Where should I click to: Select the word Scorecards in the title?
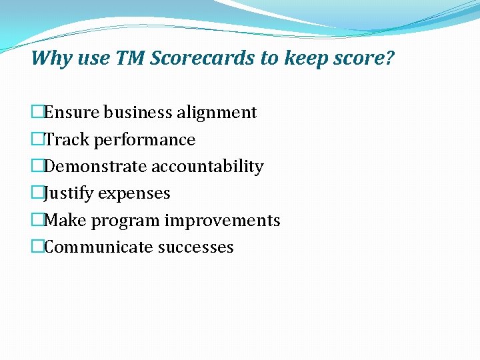[x=203, y=59]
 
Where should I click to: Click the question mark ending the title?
[x=390, y=59]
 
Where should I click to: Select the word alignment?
[x=216, y=113]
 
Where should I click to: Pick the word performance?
[x=145, y=140]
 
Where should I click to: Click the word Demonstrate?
[x=97, y=167]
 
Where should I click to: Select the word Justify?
[x=69, y=193]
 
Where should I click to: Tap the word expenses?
[x=134, y=194]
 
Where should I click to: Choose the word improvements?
[x=222, y=221]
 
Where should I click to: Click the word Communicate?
[x=99, y=247]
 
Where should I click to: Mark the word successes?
[x=196, y=247]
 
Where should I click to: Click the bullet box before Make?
[x=37, y=221]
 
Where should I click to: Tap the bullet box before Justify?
[x=37, y=193]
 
